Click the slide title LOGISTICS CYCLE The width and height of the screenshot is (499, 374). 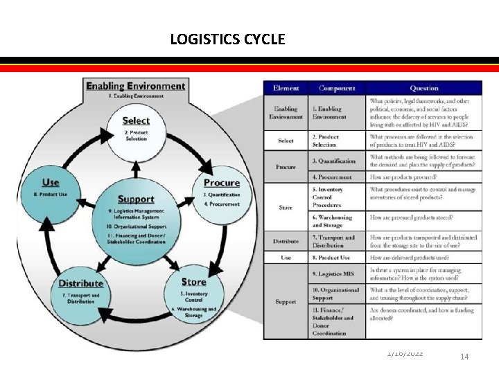pyautogui.click(x=227, y=39)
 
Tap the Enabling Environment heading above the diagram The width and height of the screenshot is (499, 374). pyautogui.click(x=135, y=86)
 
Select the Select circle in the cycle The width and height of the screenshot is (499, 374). pyautogui.click(x=136, y=128)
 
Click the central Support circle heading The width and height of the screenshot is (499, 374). pyautogui.click(x=136, y=199)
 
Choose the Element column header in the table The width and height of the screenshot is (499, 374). pyautogui.click(x=286, y=88)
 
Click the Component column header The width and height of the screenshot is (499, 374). pyautogui.click(x=337, y=88)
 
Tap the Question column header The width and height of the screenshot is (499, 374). pyautogui.click(x=423, y=88)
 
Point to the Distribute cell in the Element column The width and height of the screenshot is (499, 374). pyautogui.click(x=286, y=241)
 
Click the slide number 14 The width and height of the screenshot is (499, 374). pyautogui.click(x=464, y=356)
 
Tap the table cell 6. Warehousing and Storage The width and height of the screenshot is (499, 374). pyautogui.click(x=335, y=221)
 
